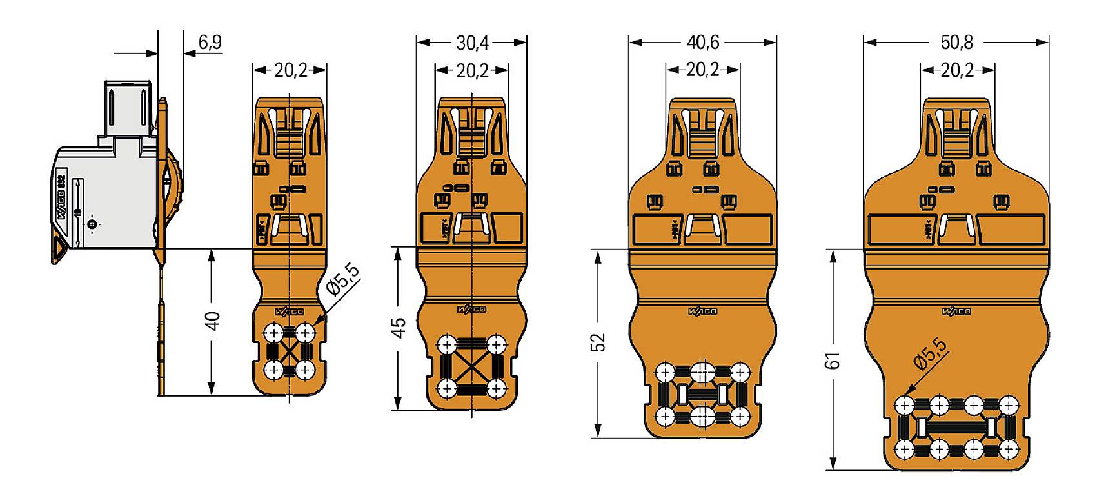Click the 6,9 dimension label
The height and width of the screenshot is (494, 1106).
pyautogui.click(x=210, y=43)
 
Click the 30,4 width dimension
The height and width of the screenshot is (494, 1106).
pyautogui.click(x=472, y=43)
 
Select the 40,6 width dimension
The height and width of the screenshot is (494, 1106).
pyautogui.click(x=702, y=43)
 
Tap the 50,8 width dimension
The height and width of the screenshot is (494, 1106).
pyautogui.click(x=957, y=43)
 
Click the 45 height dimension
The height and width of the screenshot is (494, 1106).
pyautogui.click(x=399, y=327)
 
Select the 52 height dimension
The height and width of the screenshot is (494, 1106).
pyautogui.click(x=599, y=342)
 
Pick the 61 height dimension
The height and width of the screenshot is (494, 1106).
pyautogui.click(x=834, y=360)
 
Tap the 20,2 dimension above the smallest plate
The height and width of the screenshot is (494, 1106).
pyautogui.click(x=290, y=70)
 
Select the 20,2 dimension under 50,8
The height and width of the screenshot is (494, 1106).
pyautogui.click(x=957, y=70)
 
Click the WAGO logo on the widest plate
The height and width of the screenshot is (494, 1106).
pyautogui.click(x=956, y=311)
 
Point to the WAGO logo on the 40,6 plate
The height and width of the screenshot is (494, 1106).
pyautogui.click(x=702, y=311)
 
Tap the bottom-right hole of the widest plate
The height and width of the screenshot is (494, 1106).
pyautogui.click(x=1008, y=449)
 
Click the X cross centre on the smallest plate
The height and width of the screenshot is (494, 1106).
pyautogui.click(x=290, y=351)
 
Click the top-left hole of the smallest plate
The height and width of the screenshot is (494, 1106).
pyautogui.click(x=273, y=333)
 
